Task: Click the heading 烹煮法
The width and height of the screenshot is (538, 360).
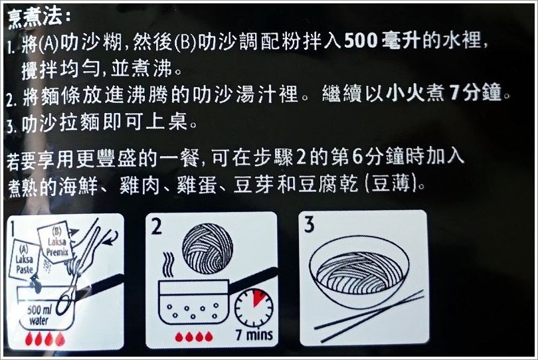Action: point(35,17)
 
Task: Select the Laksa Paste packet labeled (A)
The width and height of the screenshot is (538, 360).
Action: point(25,259)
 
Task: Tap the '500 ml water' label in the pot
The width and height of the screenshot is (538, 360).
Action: point(39,315)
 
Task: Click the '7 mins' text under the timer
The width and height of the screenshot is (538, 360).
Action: point(254,335)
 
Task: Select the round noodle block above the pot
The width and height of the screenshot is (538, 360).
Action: point(207,248)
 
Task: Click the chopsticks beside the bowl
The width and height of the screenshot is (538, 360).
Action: point(369,316)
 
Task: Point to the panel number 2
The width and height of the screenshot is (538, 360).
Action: point(156,226)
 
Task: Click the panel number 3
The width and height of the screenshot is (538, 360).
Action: point(309,225)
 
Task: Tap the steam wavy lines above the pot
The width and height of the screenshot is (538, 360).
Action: point(168,265)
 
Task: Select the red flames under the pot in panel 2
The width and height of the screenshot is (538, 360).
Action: point(193,337)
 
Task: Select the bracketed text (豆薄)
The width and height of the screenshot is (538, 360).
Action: point(391,184)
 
